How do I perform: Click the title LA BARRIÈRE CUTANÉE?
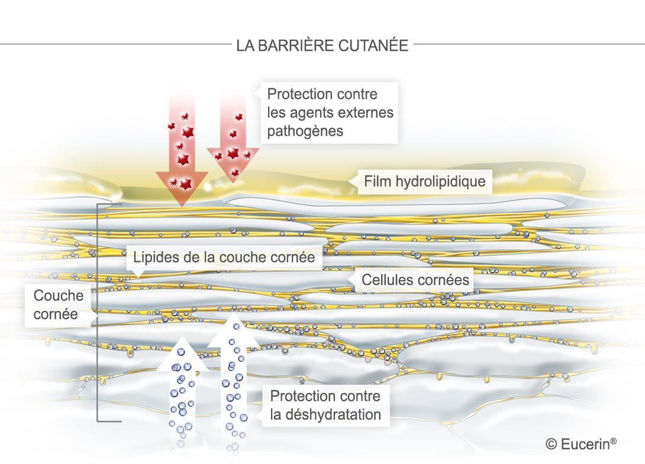[322, 45]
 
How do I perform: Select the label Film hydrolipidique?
[424, 181]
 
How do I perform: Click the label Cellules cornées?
[415, 280]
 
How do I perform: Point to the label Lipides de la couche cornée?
[224, 257]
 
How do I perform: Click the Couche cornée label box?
[57, 304]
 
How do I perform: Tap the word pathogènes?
[305, 131]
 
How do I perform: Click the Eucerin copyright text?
[581, 444]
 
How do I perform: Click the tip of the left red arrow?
[182, 206]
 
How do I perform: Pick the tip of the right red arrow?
[233, 182]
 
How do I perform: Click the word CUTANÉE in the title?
[373, 45]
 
